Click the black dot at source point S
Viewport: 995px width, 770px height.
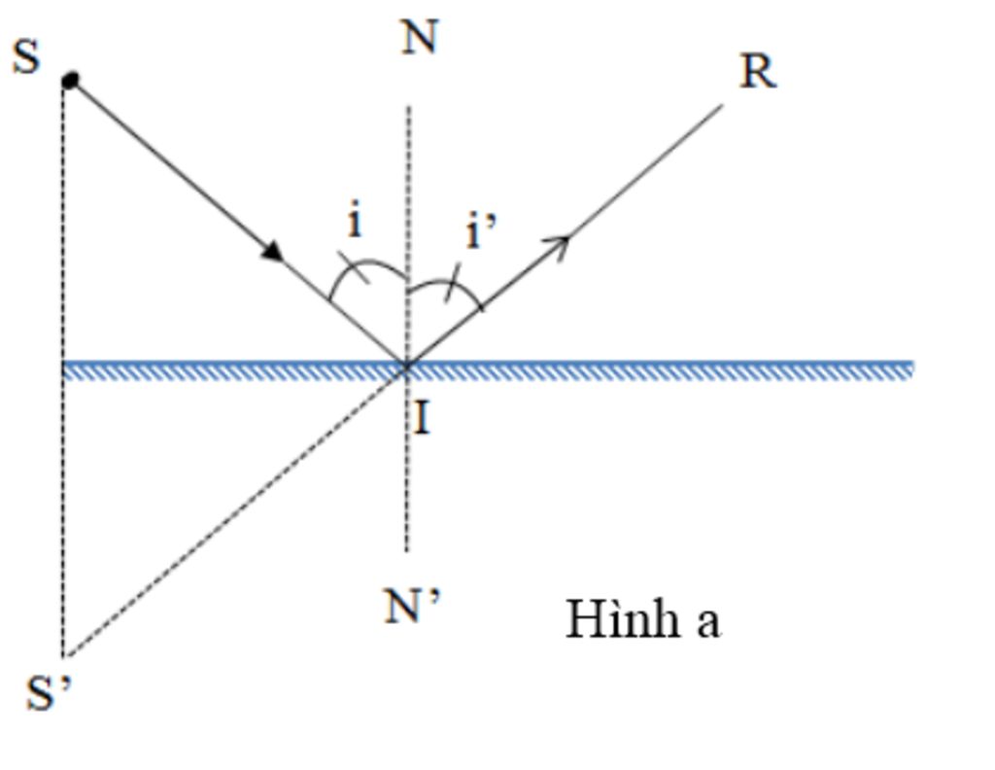[70, 81]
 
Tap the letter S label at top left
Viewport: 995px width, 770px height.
[26, 56]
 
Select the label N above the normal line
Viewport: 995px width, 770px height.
[419, 38]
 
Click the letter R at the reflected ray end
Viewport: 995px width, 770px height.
[757, 72]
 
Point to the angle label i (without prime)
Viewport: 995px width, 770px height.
[355, 222]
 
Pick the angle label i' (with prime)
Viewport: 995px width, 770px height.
[481, 232]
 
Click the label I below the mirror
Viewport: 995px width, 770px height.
[422, 418]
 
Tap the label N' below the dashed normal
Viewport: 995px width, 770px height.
[412, 608]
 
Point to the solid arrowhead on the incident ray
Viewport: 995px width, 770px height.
[273, 251]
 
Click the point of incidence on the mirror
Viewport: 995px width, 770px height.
[406, 367]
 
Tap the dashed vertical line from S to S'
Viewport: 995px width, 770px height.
[63, 486]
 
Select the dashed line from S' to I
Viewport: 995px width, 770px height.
[233, 511]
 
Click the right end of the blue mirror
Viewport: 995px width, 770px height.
[909, 369]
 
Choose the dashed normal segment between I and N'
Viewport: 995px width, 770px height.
[407, 467]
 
